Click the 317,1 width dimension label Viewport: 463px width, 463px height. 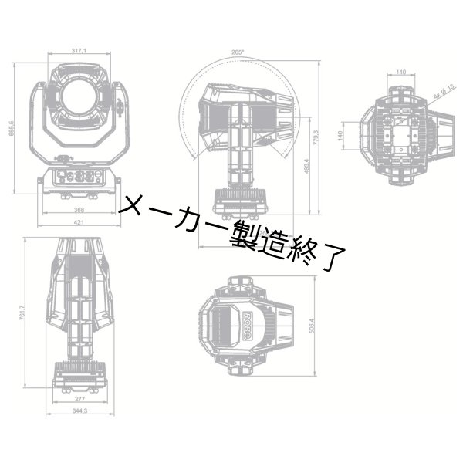click(79, 51)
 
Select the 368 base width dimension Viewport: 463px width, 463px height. click(78, 209)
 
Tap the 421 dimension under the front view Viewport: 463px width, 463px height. click(78, 222)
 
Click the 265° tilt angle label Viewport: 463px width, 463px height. click(237, 52)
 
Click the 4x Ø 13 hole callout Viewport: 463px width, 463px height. click(443, 93)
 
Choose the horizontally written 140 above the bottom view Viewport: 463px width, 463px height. click(400, 72)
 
